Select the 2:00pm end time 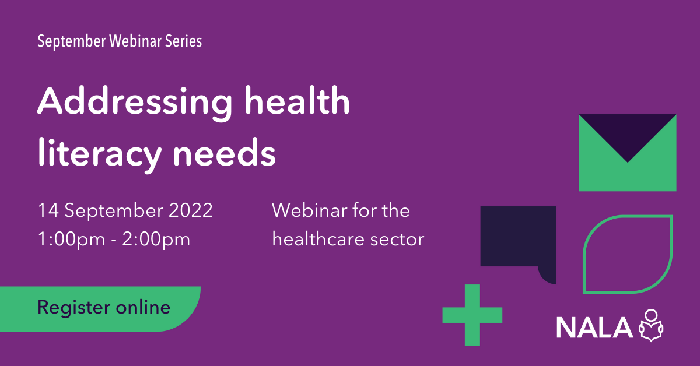(x=157, y=240)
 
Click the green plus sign (x=472, y=315)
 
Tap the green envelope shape (x=627, y=175)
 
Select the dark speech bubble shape (x=517, y=239)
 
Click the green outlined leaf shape (x=628, y=254)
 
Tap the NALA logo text (x=594, y=328)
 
